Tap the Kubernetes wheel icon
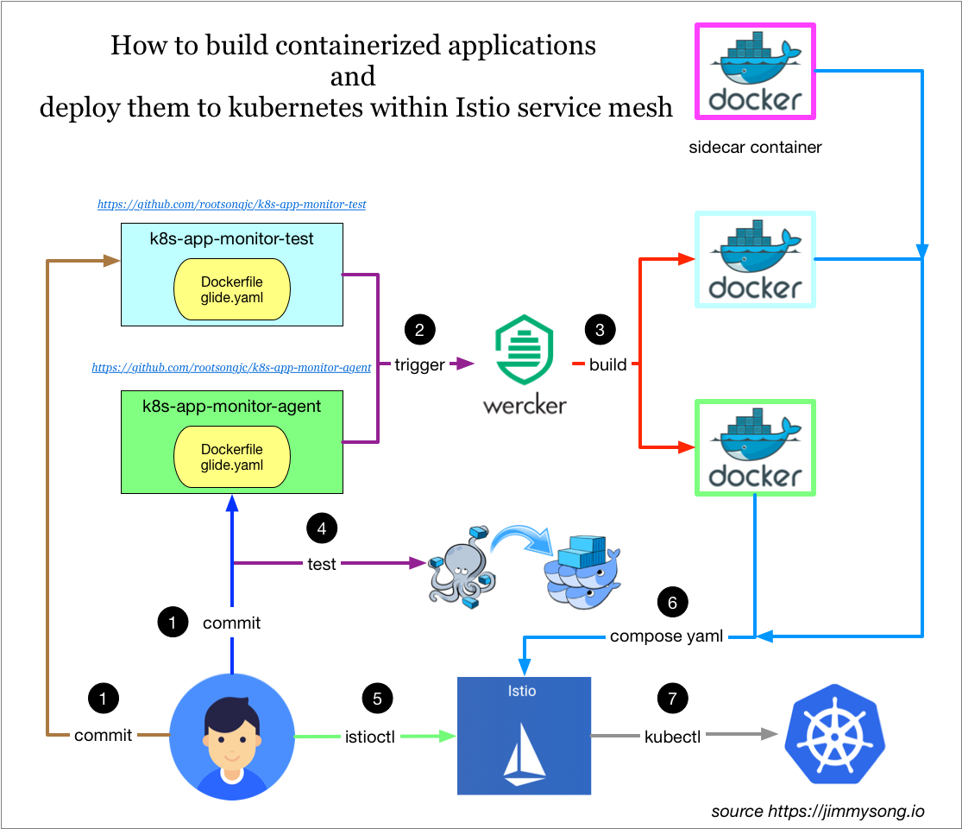click(834, 734)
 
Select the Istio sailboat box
click(524, 735)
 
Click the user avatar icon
click(231, 736)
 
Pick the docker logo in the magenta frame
click(755, 72)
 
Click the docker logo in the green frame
click(755, 447)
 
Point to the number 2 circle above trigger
click(420, 329)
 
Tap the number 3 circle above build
click(600, 329)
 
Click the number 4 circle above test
click(322, 528)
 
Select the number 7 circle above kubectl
click(672, 698)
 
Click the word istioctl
click(370, 737)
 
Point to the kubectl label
click(672, 737)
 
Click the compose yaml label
click(666, 636)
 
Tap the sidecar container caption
click(755, 147)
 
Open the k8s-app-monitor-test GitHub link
click(232, 205)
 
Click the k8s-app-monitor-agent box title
click(231, 406)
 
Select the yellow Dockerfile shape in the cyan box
click(232, 289)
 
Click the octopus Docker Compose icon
click(456, 566)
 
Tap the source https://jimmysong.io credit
click(817, 811)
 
